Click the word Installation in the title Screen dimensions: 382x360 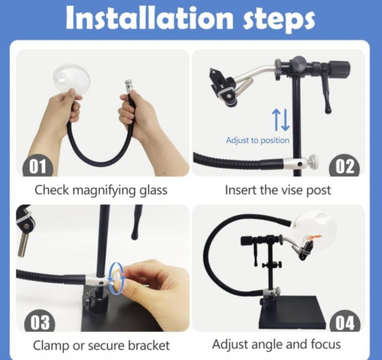coord(150,18)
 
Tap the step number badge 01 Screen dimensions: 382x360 coord(38,167)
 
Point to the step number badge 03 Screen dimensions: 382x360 coord(39,322)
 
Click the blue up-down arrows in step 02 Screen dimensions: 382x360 coord(281,119)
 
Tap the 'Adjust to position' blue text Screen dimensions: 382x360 coord(257,140)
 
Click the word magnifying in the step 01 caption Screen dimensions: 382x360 coord(104,191)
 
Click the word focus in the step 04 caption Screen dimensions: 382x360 coord(325,345)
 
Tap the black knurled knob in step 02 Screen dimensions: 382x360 coord(339,68)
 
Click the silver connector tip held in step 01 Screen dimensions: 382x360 coord(128,86)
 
